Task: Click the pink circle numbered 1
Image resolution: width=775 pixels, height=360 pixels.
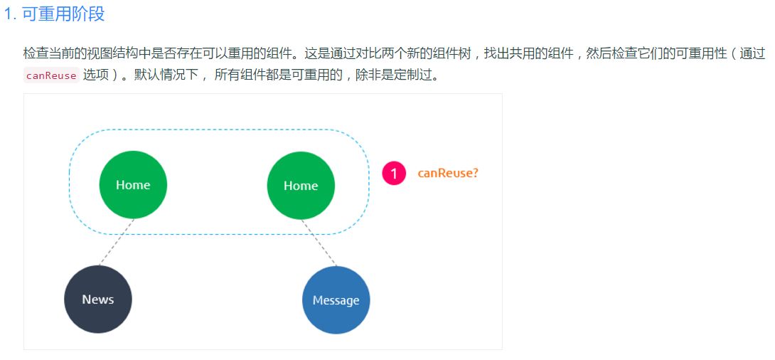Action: (x=394, y=173)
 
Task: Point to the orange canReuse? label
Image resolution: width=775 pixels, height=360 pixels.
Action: (x=448, y=173)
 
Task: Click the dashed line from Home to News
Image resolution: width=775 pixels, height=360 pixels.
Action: (x=117, y=242)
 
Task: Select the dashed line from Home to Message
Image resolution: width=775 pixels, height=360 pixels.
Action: (x=319, y=243)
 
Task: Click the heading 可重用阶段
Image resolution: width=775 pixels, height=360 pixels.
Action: (x=64, y=14)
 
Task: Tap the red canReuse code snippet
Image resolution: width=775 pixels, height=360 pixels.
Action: (x=50, y=75)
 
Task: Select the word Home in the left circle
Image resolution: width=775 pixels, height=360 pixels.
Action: (x=133, y=185)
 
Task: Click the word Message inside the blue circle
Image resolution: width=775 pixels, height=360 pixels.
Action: (x=336, y=300)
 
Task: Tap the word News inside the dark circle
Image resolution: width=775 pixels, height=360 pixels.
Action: (x=98, y=300)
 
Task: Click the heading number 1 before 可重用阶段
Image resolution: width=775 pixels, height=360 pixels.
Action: (x=9, y=14)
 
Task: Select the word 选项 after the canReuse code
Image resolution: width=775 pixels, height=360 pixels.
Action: (x=95, y=75)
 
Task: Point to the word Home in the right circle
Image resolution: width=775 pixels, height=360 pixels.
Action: (x=301, y=186)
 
